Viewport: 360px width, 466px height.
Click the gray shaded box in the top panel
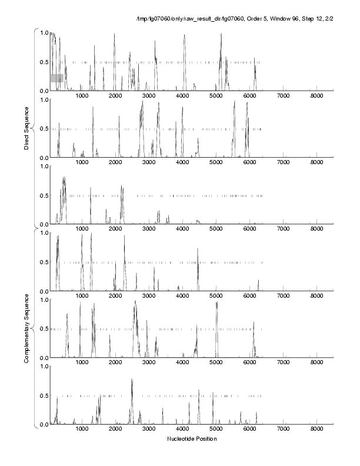pos(56,78)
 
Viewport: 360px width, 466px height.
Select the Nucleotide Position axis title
pos(192,439)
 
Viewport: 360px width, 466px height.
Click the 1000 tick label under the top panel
pos(82,96)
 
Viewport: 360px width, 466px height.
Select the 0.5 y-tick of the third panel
pos(43,196)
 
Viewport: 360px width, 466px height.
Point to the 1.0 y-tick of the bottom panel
pos(43,367)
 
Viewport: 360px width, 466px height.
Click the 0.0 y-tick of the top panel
pos(43,91)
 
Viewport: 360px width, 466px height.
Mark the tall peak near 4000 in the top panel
pos(184,36)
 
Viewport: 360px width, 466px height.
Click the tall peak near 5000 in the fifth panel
pos(216,304)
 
